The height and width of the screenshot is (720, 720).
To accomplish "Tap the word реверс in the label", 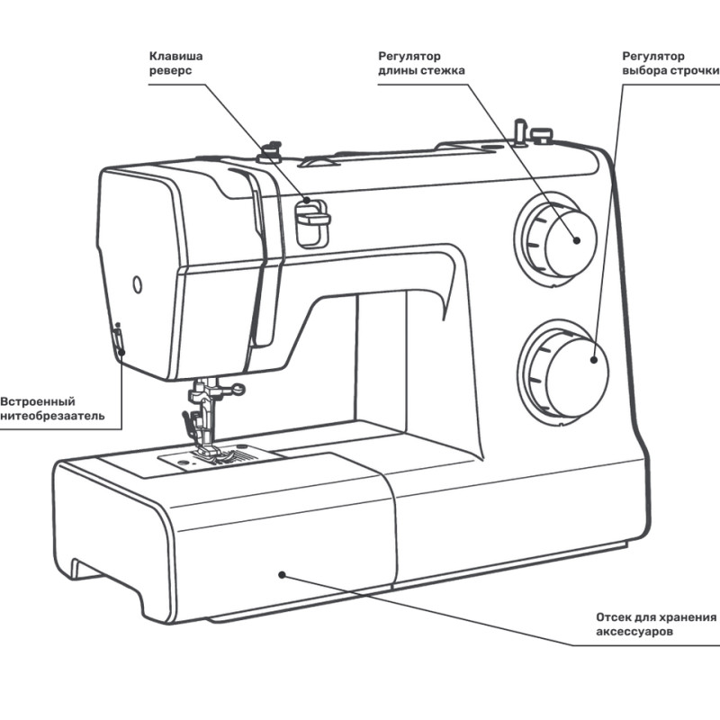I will (170, 71).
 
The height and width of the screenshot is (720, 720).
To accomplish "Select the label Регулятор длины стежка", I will (421, 63).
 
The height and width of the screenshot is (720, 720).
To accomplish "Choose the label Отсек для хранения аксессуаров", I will (656, 625).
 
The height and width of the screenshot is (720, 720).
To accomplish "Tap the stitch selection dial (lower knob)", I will (566, 369).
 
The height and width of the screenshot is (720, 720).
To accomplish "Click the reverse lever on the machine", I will (312, 218).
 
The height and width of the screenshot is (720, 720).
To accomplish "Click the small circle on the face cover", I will (137, 284).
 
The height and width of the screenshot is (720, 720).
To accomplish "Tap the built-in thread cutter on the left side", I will (117, 341).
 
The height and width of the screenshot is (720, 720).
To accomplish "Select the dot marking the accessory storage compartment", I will (282, 572).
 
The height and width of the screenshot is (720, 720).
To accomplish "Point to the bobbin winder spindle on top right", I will (519, 130).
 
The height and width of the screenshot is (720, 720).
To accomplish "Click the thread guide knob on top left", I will (268, 148).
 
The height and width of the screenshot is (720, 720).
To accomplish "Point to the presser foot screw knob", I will (236, 389).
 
